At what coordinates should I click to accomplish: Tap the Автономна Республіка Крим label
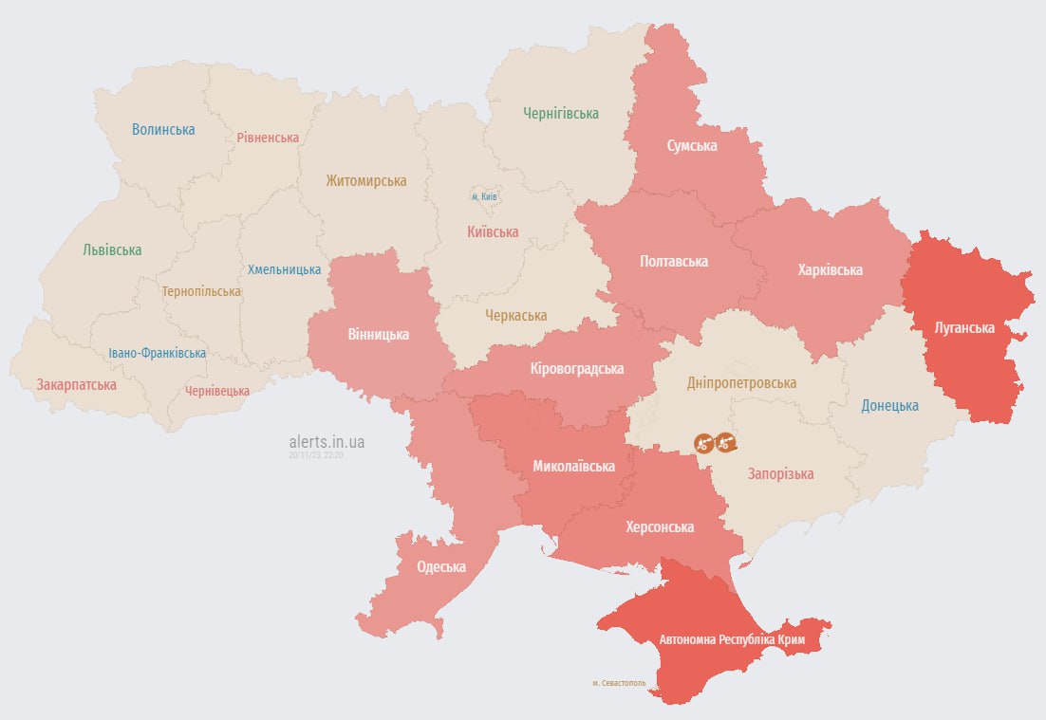coord(732,640)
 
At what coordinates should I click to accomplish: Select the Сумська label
coord(691,146)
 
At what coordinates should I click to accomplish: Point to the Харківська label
coord(830,270)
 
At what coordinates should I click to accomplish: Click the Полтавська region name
coord(674,262)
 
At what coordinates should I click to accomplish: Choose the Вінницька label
coord(378,335)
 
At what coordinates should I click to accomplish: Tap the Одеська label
coord(441,567)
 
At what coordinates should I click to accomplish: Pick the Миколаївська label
coord(573,467)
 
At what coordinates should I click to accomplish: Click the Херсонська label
coord(660,527)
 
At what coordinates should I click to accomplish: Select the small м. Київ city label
coord(484,197)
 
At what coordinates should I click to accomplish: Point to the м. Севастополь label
coord(619,683)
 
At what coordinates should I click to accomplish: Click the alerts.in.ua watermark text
coord(327,442)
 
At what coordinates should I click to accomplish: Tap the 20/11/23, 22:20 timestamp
coord(316,455)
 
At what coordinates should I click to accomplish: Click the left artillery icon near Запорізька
coord(703,442)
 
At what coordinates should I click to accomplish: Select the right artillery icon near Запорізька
coord(725,442)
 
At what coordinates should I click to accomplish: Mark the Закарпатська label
coord(77,385)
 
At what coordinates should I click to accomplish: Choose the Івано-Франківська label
coord(157,354)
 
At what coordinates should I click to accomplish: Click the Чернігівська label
coord(561,114)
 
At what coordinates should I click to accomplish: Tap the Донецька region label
coord(889,406)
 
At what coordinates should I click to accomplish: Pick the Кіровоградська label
coord(577,369)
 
